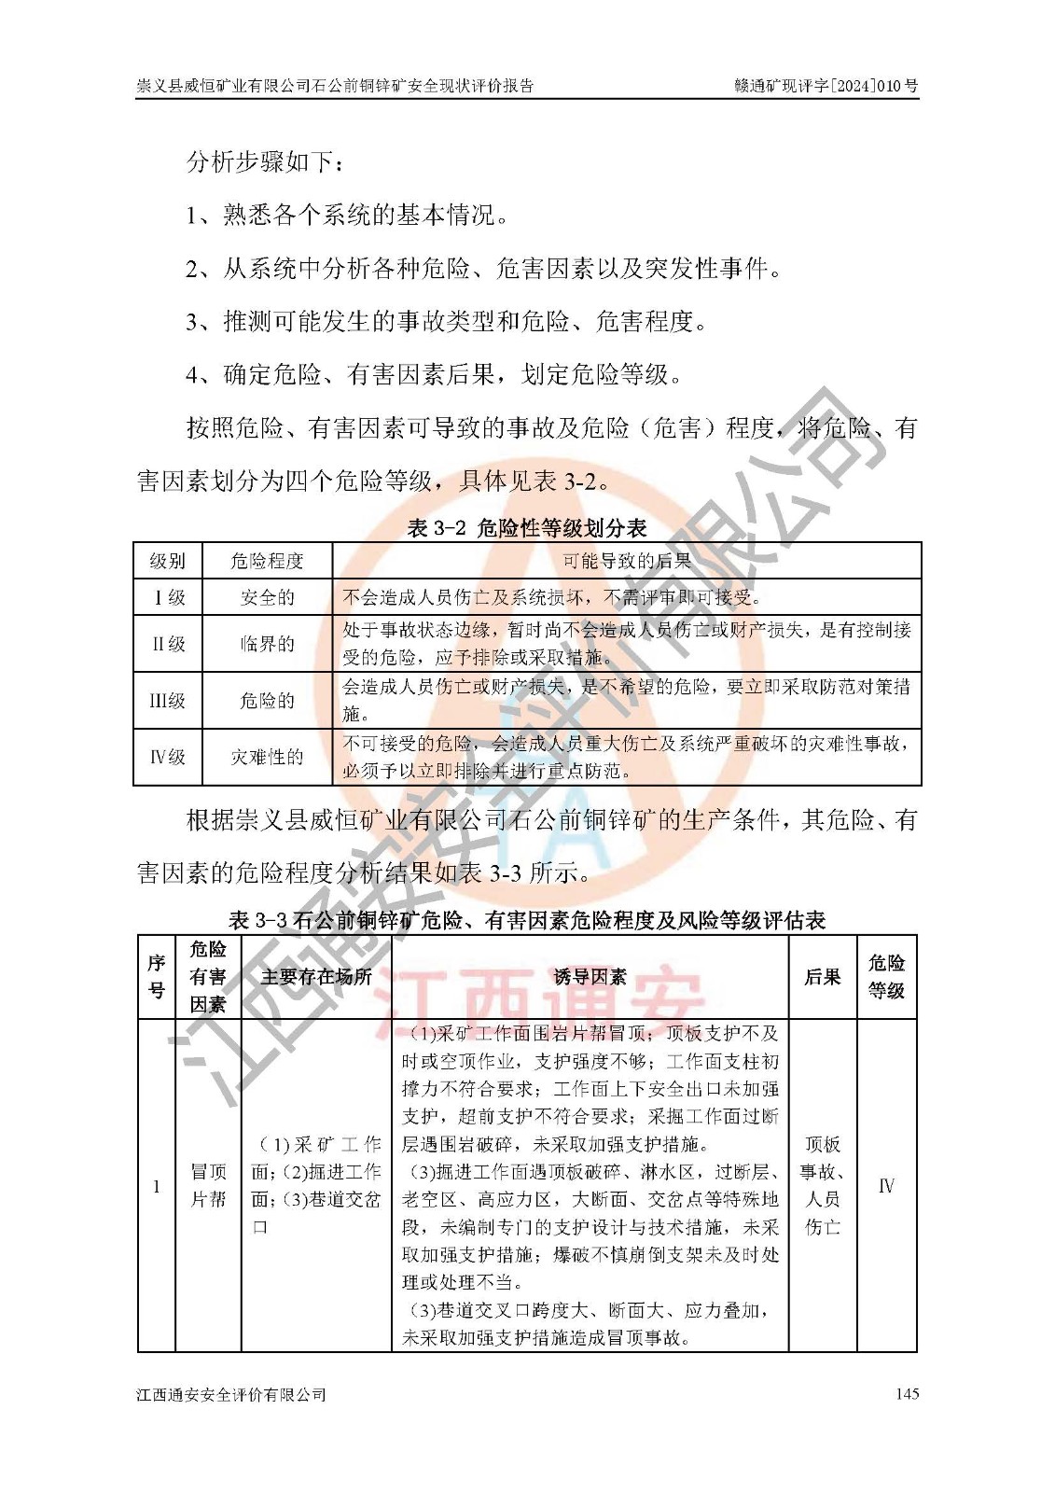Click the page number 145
pyautogui.click(x=906, y=1393)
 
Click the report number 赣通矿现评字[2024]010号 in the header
pyautogui.click(x=826, y=86)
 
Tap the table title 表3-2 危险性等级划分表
pyautogui.click(x=527, y=528)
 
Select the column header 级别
pyautogui.click(x=168, y=561)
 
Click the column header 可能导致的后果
pyautogui.click(x=627, y=561)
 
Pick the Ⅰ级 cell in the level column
pyautogui.click(x=168, y=597)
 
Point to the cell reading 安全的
pyautogui.click(x=267, y=597)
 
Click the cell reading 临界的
pyautogui.click(x=267, y=644)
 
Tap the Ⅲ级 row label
pyautogui.click(x=168, y=700)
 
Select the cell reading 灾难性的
pyautogui.click(x=267, y=757)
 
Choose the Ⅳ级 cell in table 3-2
pyautogui.click(x=168, y=757)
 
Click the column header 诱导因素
pyautogui.click(x=590, y=977)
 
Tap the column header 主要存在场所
pyautogui.click(x=316, y=977)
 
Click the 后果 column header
pyautogui.click(x=822, y=977)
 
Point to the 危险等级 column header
pyautogui.click(x=886, y=977)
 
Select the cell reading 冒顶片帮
pyautogui.click(x=208, y=1185)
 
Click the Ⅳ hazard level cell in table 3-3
pyautogui.click(x=886, y=1186)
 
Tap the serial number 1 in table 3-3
pyautogui.click(x=156, y=1186)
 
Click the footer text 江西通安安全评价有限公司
pyautogui.click(x=231, y=1394)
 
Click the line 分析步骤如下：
pyautogui.click(x=266, y=161)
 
